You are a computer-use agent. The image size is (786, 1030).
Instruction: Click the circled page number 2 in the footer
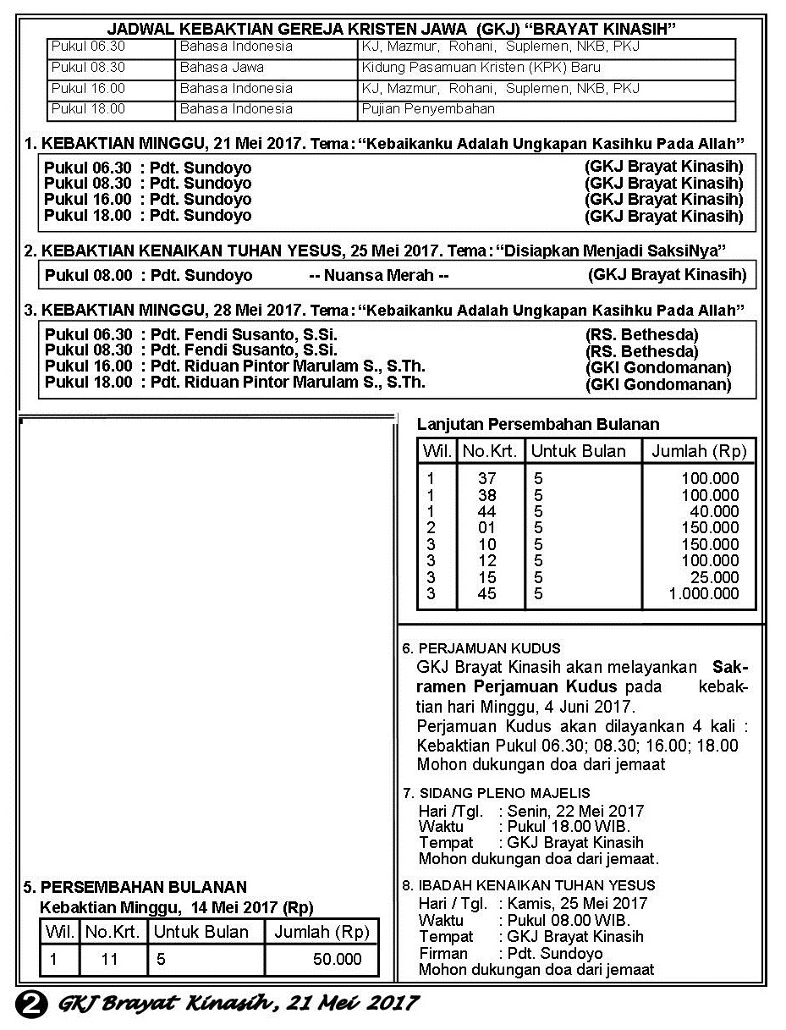30,1003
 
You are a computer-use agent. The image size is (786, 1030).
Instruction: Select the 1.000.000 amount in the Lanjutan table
703,593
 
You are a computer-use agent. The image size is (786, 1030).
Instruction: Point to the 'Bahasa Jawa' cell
222,67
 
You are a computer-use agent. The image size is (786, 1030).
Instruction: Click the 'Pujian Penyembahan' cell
428,108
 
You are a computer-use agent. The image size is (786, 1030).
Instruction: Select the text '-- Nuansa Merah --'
378,275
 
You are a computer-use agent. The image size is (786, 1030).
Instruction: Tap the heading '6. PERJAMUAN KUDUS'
470,648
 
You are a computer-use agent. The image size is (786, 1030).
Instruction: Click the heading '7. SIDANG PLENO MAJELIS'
496,793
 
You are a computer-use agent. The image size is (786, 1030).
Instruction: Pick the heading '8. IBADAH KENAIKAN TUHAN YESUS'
529,885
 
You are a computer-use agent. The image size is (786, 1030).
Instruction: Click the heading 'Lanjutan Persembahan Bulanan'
538,424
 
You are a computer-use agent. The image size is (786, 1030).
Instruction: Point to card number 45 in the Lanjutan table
486,593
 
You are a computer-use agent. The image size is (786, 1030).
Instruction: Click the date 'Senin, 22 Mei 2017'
575,810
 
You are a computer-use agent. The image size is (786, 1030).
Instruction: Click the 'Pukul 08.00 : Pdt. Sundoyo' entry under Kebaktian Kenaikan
148,275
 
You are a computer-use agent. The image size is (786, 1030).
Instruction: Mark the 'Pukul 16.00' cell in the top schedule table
88,88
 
